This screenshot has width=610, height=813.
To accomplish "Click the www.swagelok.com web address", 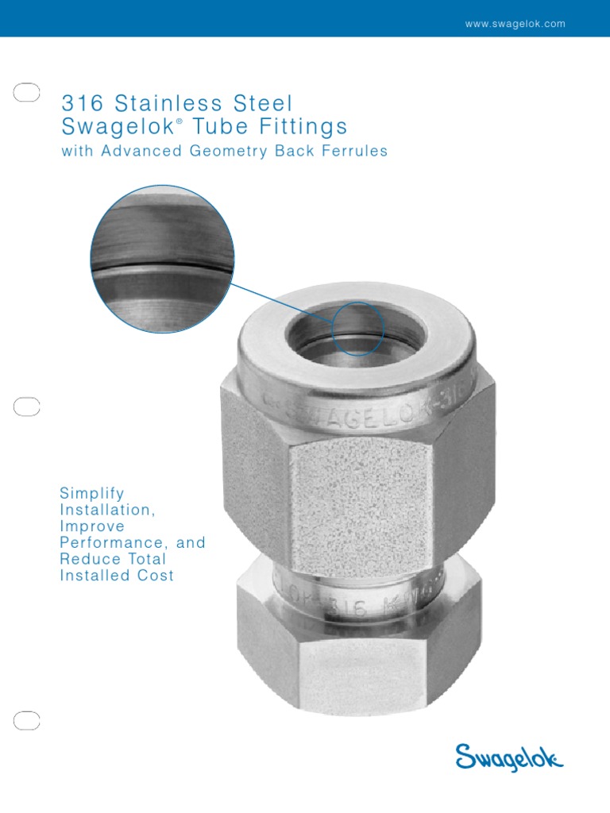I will pyautogui.click(x=515, y=24).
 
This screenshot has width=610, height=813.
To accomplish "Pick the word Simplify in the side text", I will pyautogui.click(x=92, y=493).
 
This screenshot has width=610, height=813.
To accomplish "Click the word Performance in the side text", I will pyautogui.click(x=108, y=543).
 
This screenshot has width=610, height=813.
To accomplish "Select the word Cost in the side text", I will pyautogui.click(x=156, y=576).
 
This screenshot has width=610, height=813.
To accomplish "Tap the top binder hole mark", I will pyautogui.click(x=27, y=93).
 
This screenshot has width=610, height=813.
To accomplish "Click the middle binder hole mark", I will pyautogui.click(x=27, y=406).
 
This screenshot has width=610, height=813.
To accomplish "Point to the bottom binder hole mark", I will pyautogui.click(x=27, y=720).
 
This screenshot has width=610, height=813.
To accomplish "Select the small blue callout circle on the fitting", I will pyautogui.click(x=357, y=329).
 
